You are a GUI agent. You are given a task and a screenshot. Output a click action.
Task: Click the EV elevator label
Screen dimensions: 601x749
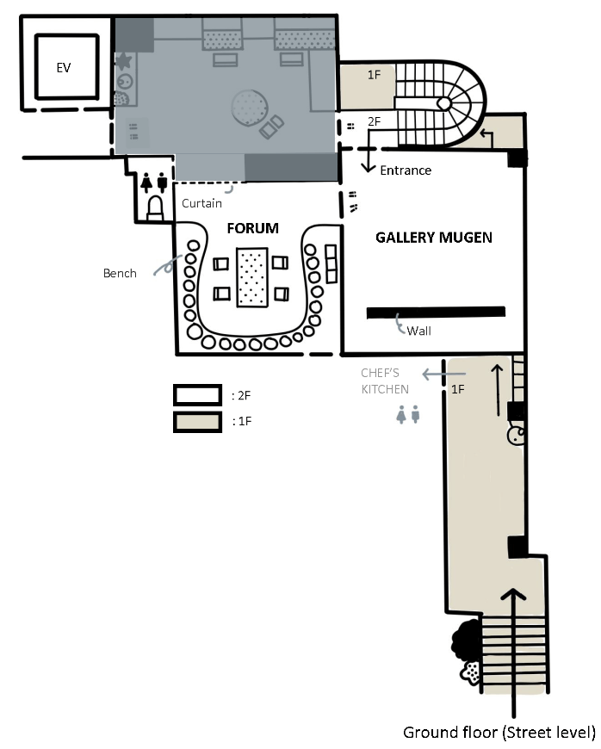click(x=64, y=68)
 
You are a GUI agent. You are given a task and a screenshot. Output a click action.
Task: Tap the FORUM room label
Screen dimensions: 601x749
click(x=253, y=228)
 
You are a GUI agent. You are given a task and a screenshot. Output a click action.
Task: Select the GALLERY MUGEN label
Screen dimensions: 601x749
click(x=434, y=238)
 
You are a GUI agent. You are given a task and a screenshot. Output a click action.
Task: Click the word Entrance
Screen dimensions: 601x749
click(x=406, y=170)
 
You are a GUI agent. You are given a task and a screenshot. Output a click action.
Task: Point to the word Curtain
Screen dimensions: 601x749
click(x=201, y=203)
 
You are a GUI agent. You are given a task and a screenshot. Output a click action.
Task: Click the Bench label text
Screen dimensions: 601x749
click(x=120, y=273)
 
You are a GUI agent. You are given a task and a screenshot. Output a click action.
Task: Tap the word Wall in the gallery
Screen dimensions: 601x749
click(x=419, y=331)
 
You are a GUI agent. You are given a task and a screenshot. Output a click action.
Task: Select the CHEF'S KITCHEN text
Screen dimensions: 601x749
click(x=385, y=381)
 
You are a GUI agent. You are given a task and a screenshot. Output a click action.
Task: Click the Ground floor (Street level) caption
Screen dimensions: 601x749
click(x=499, y=733)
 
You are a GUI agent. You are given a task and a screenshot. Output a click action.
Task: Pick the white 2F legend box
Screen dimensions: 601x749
click(x=197, y=395)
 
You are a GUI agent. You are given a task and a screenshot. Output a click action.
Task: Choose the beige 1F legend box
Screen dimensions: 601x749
click(x=197, y=422)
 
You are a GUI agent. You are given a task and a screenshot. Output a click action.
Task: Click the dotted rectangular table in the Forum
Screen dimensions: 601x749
click(x=252, y=277)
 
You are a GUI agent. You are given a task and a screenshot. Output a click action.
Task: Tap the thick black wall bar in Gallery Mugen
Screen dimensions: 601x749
click(x=436, y=313)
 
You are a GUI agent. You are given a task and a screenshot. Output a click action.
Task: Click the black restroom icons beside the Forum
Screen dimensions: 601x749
click(x=154, y=183)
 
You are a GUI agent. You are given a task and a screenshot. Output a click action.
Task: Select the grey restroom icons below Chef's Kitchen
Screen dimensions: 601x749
click(x=408, y=414)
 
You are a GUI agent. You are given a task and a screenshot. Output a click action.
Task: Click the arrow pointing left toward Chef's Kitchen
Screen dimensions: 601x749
click(x=443, y=374)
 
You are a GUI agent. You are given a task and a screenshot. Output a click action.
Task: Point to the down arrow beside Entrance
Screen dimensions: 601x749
click(x=368, y=151)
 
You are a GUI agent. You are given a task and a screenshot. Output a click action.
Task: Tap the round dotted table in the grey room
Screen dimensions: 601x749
click(x=249, y=108)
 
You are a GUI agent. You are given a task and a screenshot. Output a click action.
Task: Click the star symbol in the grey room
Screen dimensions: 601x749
click(x=124, y=61)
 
